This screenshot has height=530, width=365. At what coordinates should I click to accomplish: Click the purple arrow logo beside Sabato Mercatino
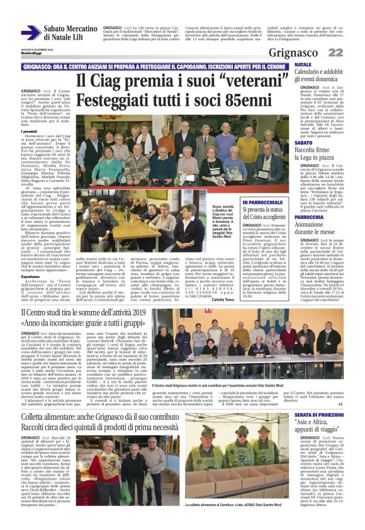[x=30, y=32]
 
